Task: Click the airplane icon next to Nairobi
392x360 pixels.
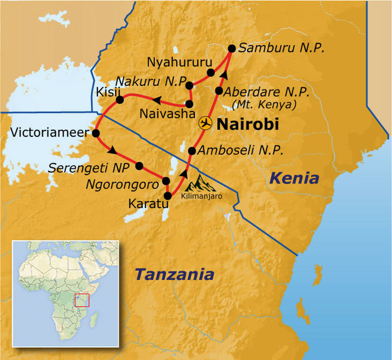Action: pyautogui.click(x=205, y=124)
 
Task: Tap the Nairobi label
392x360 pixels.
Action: pyautogui.click(x=247, y=124)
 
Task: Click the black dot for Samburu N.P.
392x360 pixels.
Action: pyautogui.click(x=232, y=48)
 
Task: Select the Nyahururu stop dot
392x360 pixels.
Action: pyautogui.click(x=210, y=72)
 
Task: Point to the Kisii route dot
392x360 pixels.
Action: pyautogui.click(x=119, y=100)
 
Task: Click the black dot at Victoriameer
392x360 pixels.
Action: pyautogui.click(x=96, y=133)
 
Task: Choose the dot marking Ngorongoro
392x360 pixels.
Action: pyautogui.click(x=166, y=181)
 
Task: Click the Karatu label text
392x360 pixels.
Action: pyautogui.click(x=148, y=204)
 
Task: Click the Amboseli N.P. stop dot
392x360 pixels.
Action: pyautogui.click(x=192, y=151)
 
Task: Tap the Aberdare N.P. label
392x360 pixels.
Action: pyautogui.click(x=266, y=92)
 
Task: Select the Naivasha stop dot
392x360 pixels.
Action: pyautogui.click(x=189, y=104)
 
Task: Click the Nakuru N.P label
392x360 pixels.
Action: pyautogui.click(x=150, y=82)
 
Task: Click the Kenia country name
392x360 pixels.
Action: pyautogui.click(x=294, y=178)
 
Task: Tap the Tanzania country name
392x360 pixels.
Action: pyautogui.click(x=175, y=274)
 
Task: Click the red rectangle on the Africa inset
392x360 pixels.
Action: pyautogui.click(x=82, y=300)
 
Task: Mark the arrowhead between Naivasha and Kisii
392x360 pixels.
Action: pyautogui.click(x=157, y=100)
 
